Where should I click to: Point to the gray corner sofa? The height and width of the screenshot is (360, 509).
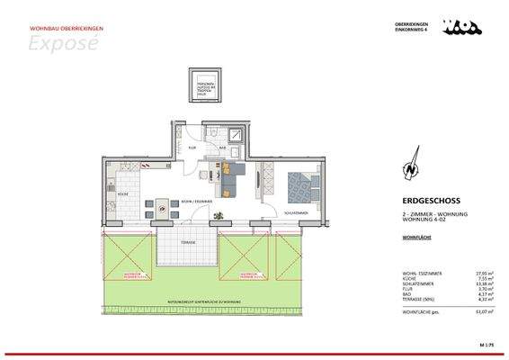(232, 179)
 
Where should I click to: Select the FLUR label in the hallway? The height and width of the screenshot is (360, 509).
(192, 148)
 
